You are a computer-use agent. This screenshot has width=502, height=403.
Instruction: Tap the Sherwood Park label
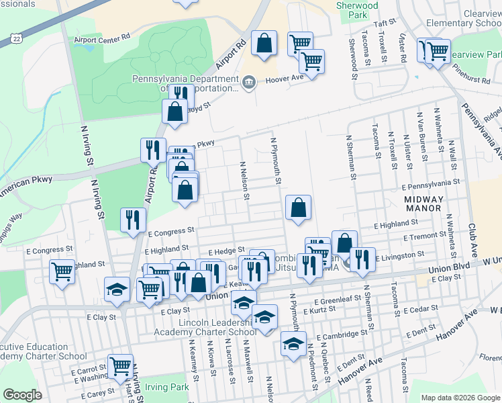[x=357, y=9]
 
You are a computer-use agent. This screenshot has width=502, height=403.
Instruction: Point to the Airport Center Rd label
[x=102, y=40]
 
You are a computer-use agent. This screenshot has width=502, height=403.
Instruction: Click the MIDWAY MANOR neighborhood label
[x=423, y=204]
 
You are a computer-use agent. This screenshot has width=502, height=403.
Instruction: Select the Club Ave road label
[x=472, y=239]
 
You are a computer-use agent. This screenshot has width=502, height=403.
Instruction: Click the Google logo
[x=22, y=395]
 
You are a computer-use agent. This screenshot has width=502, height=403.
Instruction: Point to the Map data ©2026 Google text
[x=460, y=398]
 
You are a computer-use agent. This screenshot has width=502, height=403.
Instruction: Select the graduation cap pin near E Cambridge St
[x=293, y=343]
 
